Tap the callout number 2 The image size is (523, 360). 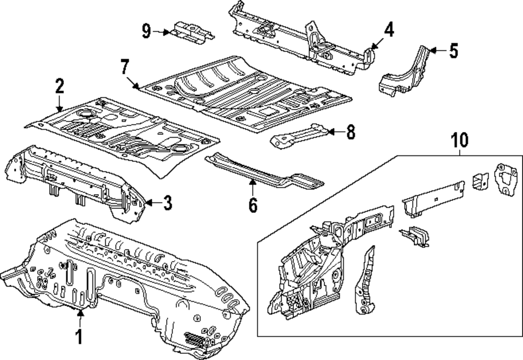point(59,85)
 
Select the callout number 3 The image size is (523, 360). point(167,203)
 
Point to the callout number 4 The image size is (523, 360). point(388,30)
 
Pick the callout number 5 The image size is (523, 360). point(453,51)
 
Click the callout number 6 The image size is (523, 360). point(253,206)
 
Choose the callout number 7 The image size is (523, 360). point(124,67)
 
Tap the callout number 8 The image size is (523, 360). point(350,132)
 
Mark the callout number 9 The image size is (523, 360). point(147,31)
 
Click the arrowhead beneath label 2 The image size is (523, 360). point(59,108)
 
